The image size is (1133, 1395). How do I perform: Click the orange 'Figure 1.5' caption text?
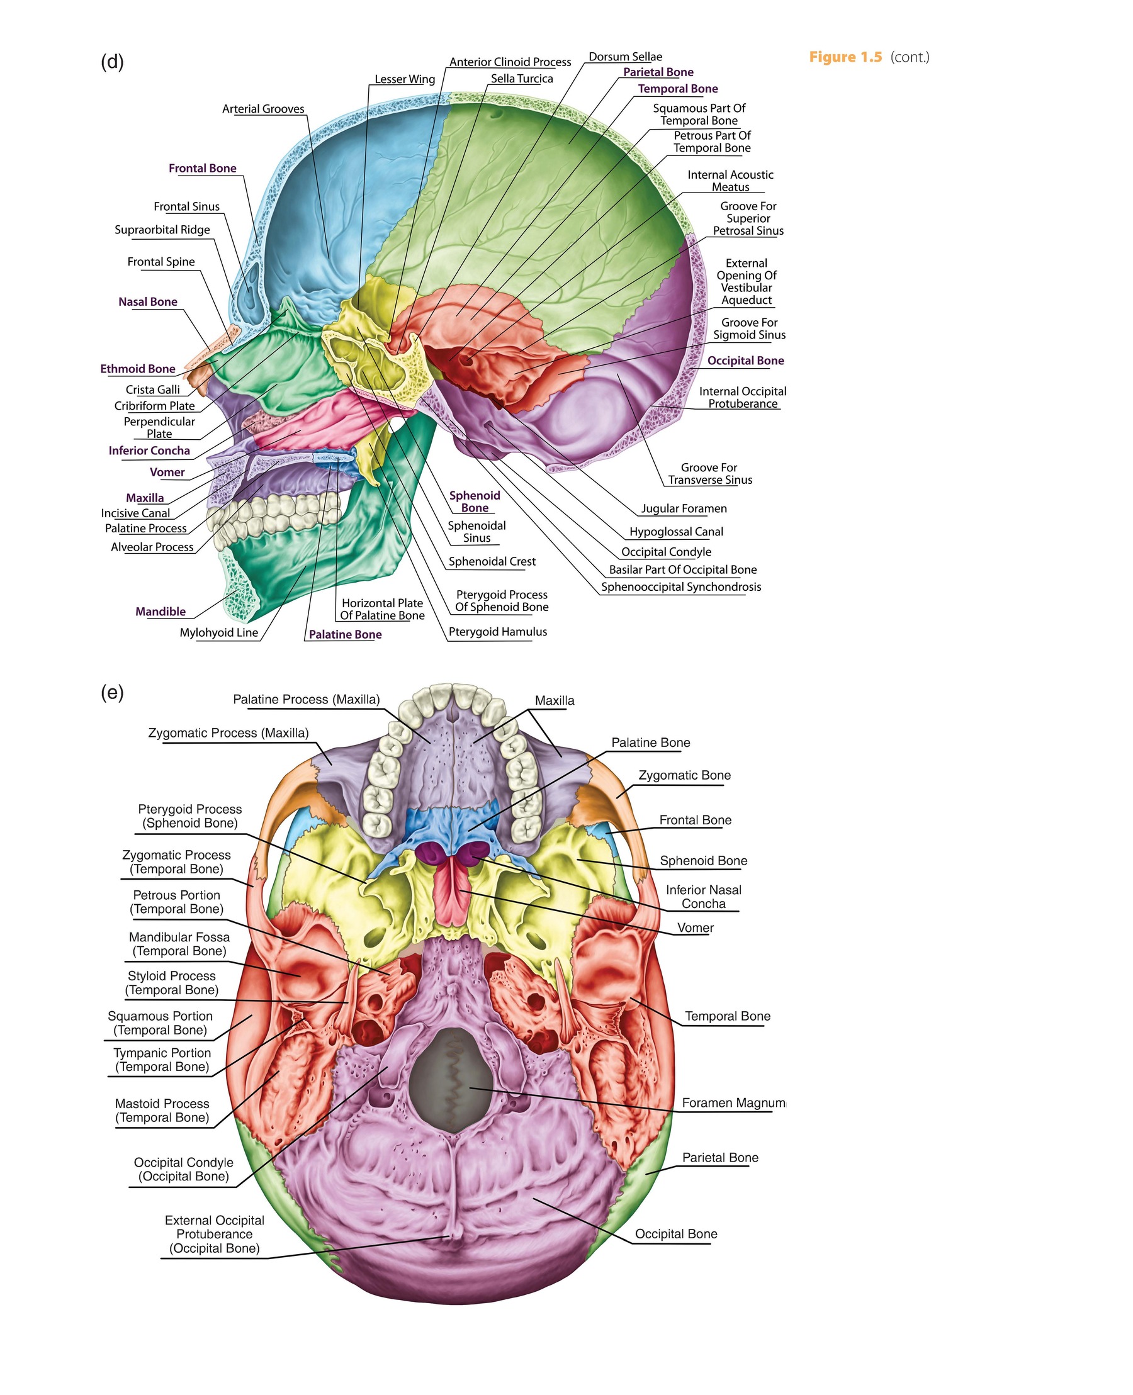[x=845, y=57]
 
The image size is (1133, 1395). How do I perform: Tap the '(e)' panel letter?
[x=111, y=692]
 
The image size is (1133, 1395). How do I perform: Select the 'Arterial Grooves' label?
[x=263, y=109]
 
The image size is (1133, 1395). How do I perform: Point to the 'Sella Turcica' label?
[x=521, y=79]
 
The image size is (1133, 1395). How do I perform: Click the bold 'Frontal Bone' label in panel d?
[x=202, y=169]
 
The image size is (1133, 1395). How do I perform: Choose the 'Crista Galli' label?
[x=153, y=389]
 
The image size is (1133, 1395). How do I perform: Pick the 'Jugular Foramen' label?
[x=684, y=508]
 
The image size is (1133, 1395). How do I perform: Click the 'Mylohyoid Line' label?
[x=218, y=632]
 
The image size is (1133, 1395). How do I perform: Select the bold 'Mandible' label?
[x=161, y=612]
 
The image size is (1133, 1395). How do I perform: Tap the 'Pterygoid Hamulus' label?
[x=497, y=632]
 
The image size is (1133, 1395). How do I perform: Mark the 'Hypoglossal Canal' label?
[x=675, y=532]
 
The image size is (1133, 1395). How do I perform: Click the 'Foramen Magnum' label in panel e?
[x=733, y=1102]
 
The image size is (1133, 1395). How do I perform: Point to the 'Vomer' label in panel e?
[x=695, y=927]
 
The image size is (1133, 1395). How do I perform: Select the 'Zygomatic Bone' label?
[x=684, y=775]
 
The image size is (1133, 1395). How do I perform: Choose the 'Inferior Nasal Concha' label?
[x=703, y=897]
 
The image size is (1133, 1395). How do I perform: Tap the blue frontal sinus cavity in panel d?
[x=249, y=287]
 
